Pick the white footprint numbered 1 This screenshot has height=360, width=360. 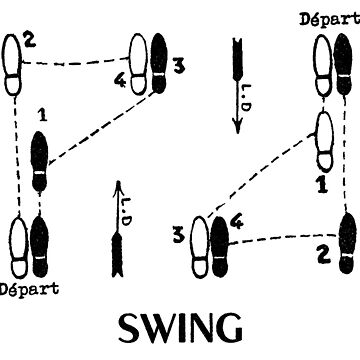[325, 141]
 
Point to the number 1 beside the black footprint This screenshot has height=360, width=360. [40, 115]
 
